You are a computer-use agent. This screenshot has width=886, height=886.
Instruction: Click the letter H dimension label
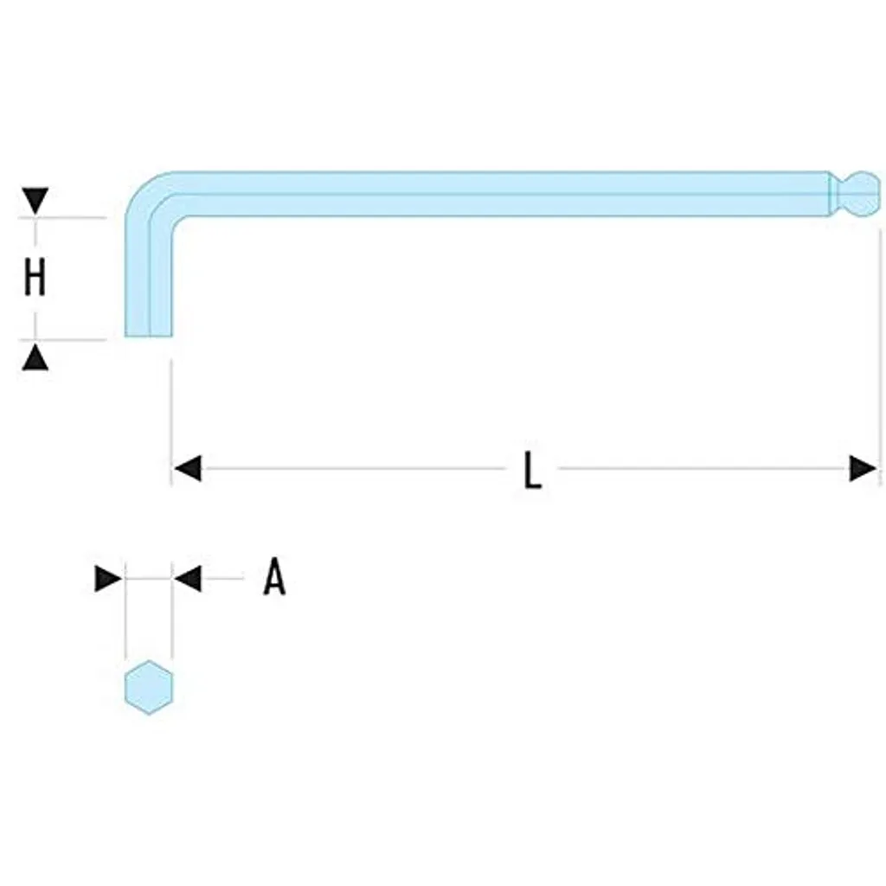pos(35,279)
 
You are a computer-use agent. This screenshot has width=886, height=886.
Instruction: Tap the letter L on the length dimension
pos(532,470)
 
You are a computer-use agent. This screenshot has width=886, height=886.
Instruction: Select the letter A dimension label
pos(274,577)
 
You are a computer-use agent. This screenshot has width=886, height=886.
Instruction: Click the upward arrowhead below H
pos(35,357)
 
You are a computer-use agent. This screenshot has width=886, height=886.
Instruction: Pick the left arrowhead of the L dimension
pos(187,468)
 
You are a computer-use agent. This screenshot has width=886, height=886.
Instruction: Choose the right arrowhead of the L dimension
pos(863,468)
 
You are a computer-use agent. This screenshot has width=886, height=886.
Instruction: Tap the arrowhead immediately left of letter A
pos(187,578)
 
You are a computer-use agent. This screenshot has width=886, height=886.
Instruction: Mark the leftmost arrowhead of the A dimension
pos(108,578)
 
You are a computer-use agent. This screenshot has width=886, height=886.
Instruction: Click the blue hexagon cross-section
pos(149,687)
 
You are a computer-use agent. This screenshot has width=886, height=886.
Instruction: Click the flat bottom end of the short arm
pos(148,337)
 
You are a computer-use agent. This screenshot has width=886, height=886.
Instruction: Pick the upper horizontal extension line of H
pos(62,217)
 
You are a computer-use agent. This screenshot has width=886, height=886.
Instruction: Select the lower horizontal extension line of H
pos(62,340)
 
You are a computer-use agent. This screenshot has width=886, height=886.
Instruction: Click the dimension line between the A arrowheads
pos(148,578)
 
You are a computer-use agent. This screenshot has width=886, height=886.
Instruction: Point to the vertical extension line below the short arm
pos(171,422)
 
